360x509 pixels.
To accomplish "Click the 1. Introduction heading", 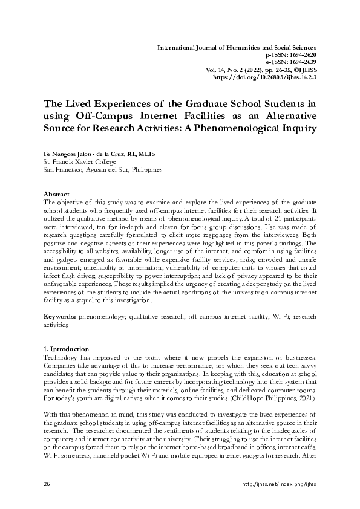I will (x=67, y=349).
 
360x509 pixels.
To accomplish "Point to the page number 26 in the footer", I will (x=47, y=484).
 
